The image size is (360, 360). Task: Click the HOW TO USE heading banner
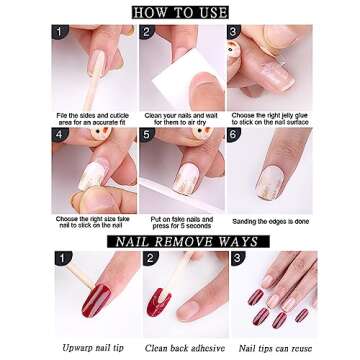pos(180,12)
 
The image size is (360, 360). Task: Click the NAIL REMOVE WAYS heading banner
pos(180,241)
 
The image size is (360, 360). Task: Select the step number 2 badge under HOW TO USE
pos(146,32)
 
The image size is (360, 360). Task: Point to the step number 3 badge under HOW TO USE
pos(233,32)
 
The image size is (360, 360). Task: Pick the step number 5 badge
pos(146,134)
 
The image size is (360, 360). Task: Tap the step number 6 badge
pos(233,134)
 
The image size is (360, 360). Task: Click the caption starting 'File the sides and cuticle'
pos(93,120)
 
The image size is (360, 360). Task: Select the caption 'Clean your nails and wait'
pos(180,120)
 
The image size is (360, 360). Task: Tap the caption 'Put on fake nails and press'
pos(180,222)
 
